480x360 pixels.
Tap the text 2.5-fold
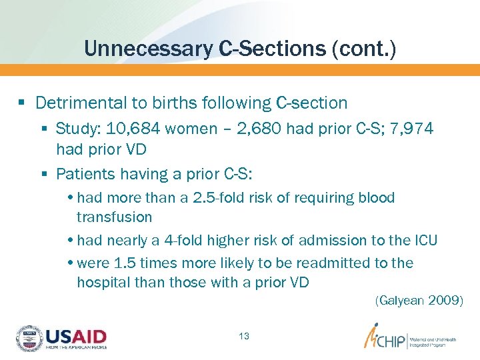[225, 198]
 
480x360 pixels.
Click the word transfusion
[114, 217]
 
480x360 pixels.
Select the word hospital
[103, 282]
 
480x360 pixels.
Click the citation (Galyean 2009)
[419, 301]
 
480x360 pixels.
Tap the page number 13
[243, 336]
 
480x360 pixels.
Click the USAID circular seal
[29, 338]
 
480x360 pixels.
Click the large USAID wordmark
[75, 335]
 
